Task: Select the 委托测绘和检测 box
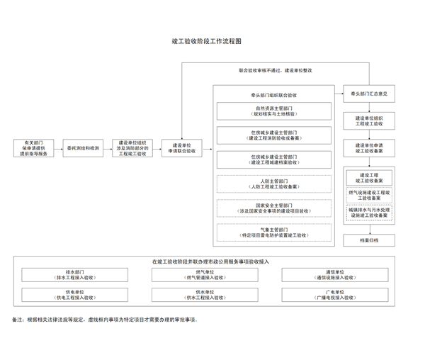[84, 149]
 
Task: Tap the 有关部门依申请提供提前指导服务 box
[34, 149]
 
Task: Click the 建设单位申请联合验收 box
[182, 149]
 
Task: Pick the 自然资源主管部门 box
[273, 111]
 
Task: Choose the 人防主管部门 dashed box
[273, 184]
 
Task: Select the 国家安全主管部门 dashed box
[273, 208]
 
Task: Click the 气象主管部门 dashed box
[273, 232]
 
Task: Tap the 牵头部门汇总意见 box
[369, 94]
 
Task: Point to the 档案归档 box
[369, 240]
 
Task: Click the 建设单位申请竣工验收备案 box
[369, 148]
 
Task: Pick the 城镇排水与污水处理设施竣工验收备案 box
[369, 213]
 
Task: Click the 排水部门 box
[75, 274]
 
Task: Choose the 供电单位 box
[75, 294]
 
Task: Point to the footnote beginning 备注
[106, 320]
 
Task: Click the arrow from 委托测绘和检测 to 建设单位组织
[108, 149]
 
